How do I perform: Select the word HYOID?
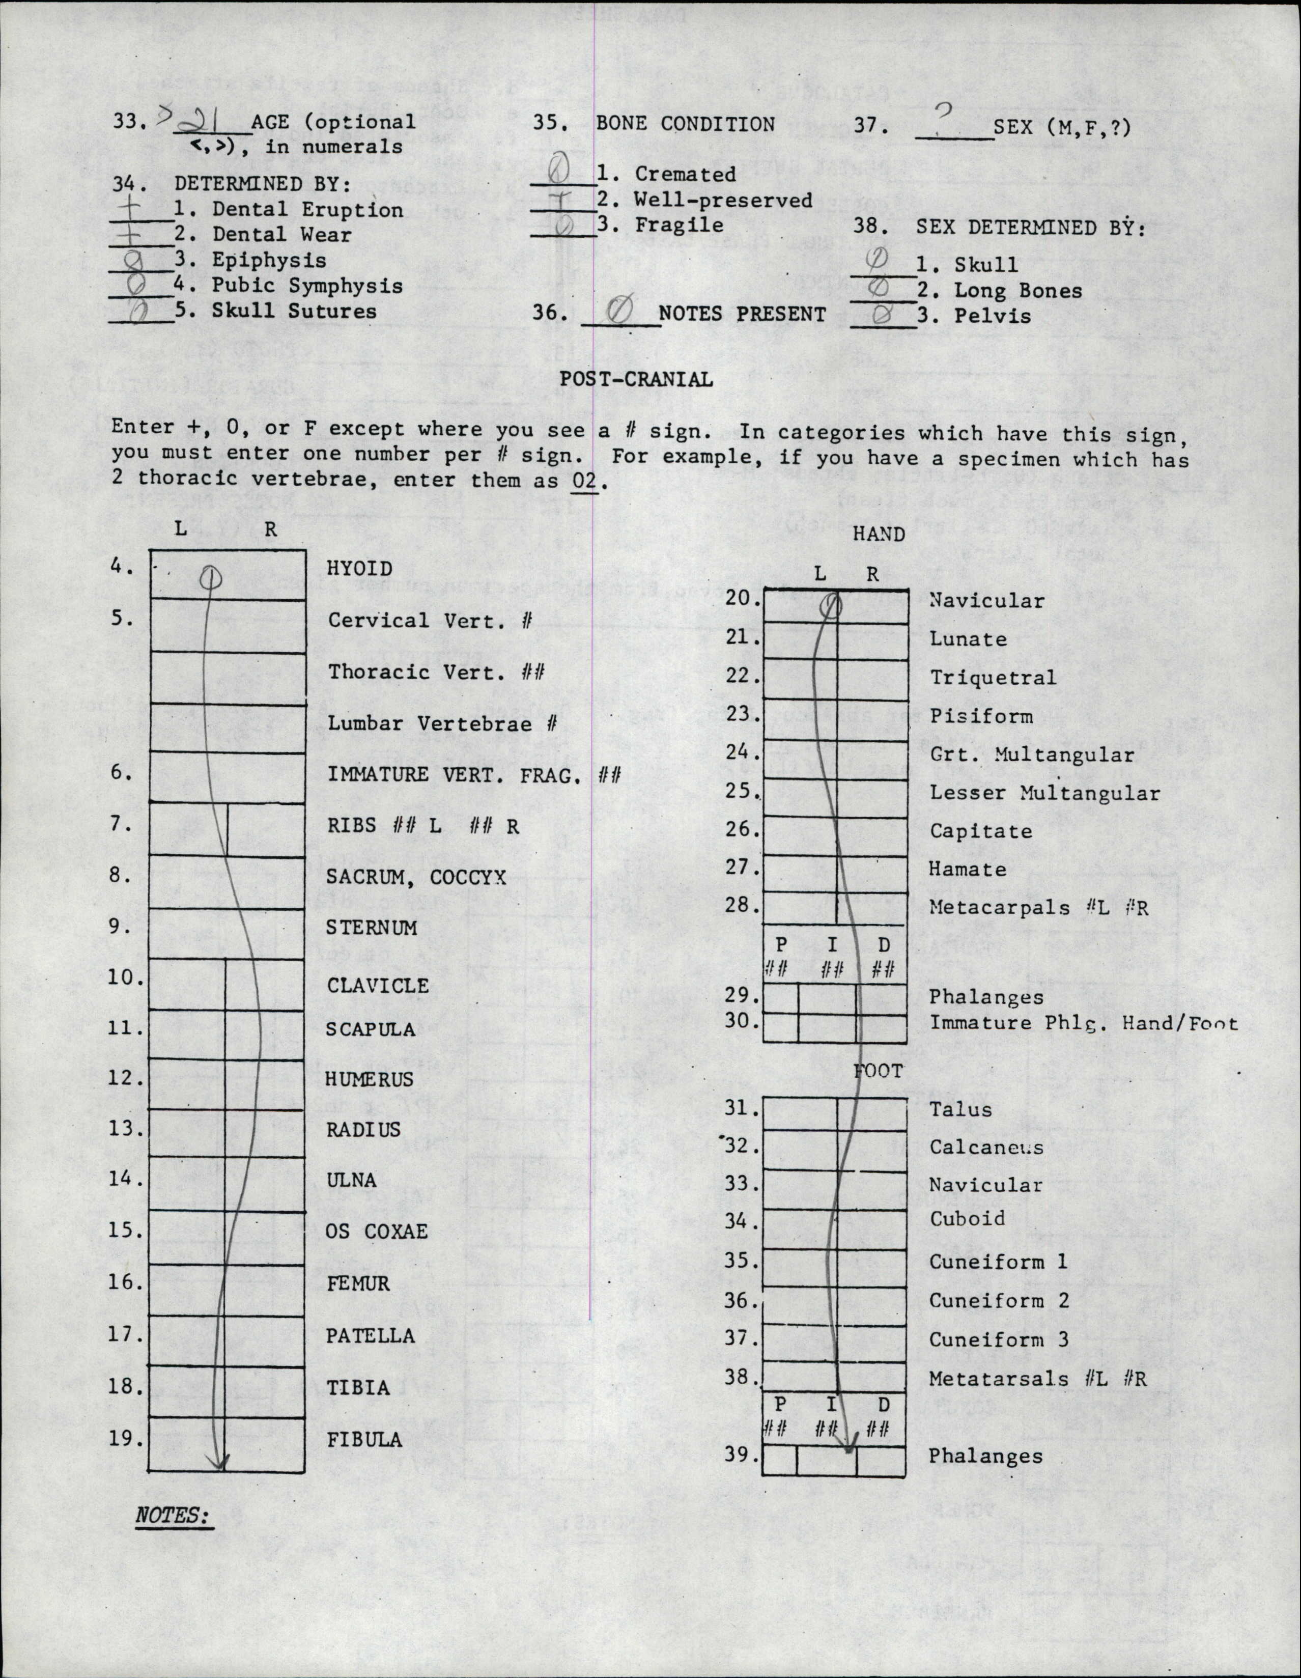tap(360, 569)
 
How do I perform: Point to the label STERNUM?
tap(371, 928)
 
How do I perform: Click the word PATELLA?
tap(370, 1335)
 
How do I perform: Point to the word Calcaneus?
tap(986, 1147)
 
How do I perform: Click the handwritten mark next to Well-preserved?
tap(563, 200)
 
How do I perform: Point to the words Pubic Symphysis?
tap(307, 286)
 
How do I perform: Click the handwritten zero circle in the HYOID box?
tap(211, 576)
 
